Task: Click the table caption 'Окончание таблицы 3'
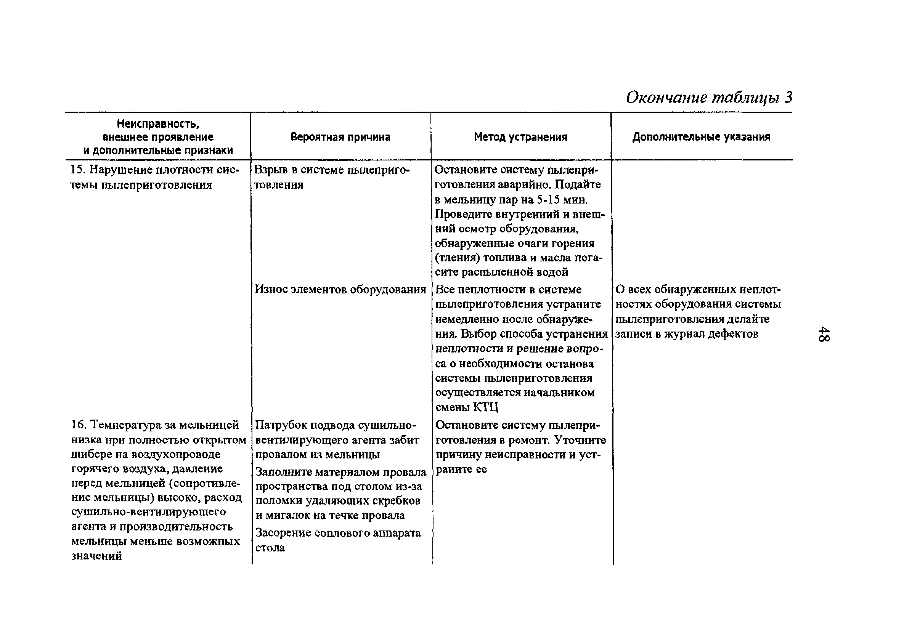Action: [x=709, y=97]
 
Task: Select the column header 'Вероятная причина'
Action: [x=340, y=137]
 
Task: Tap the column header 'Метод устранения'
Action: [x=520, y=137]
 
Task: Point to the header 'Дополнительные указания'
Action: [x=701, y=137]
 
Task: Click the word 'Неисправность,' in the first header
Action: [x=158, y=124]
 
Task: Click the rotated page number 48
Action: [x=824, y=333]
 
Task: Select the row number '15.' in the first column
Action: [x=77, y=170]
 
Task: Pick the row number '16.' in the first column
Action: [x=78, y=425]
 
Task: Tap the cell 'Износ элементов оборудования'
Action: [x=340, y=289]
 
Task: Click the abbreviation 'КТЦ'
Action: [x=486, y=408]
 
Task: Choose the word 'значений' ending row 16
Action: [x=97, y=556]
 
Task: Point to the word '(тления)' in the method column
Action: [x=457, y=258]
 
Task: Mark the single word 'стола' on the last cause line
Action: [x=270, y=548]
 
